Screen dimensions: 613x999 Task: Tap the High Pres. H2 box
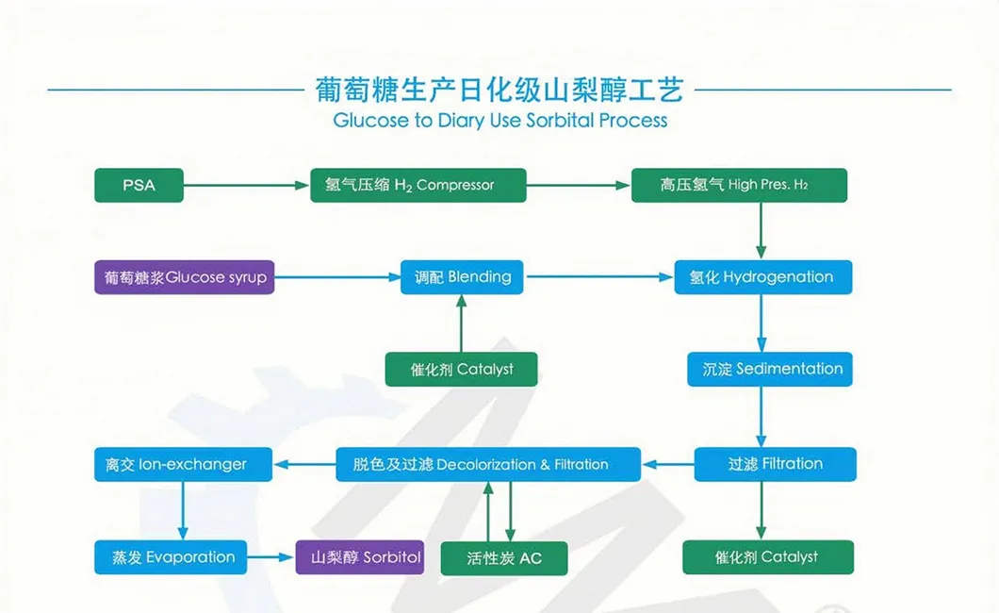pyautogui.click(x=738, y=185)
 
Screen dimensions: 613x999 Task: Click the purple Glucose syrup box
pyautogui.click(x=184, y=277)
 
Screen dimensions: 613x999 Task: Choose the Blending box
pyautogui.click(x=461, y=277)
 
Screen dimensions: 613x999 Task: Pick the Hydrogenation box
pyautogui.click(x=762, y=277)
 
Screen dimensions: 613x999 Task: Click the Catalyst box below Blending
pyautogui.click(x=461, y=369)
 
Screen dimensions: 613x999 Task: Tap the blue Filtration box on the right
pyautogui.click(x=775, y=464)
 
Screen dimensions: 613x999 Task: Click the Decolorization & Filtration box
pyautogui.click(x=488, y=464)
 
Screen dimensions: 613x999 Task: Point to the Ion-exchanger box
pyautogui.click(x=183, y=464)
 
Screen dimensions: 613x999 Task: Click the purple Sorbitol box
pyautogui.click(x=360, y=556)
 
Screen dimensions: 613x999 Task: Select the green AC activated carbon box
pyautogui.click(x=504, y=558)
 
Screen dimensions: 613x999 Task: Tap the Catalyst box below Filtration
pyautogui.click(x=767, y=557)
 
